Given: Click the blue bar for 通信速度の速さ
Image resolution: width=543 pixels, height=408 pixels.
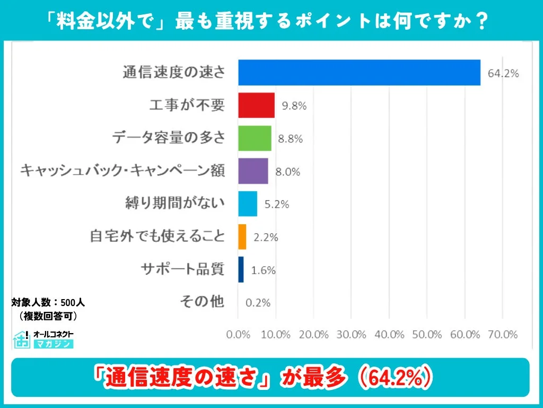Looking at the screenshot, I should [x=359, y=73].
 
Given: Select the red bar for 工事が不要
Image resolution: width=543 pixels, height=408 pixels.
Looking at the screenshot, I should [x=256, y=105].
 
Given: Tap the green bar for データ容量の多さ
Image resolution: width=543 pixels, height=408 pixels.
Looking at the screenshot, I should [x=255, y=138].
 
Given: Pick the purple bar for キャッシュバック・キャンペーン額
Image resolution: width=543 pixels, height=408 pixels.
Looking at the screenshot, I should [x=253, y=171].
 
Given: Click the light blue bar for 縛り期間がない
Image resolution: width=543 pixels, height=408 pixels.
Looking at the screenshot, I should [x=248, y=204].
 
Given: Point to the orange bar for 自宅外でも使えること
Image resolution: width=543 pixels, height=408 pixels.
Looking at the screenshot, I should [x=242, y=237].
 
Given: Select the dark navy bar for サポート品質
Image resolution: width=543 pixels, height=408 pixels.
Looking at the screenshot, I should [x=241, y=269].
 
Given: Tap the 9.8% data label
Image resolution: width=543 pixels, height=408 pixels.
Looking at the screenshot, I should [x=294, y=106].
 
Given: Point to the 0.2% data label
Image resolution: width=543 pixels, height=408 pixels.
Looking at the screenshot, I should [x=258, y=303].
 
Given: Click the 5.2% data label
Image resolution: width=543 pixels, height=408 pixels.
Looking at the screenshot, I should [x=276, y=205].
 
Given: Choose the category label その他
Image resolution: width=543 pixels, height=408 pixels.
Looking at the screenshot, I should [x=202, y=302].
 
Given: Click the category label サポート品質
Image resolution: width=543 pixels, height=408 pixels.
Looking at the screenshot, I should [x=182, y=269].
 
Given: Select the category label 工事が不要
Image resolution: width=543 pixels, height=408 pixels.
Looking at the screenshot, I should [x=187, y=105].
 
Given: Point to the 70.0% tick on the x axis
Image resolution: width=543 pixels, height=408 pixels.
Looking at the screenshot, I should [x=503, y=335].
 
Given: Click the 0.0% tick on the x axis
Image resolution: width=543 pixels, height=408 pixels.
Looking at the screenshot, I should [x=238, y=335].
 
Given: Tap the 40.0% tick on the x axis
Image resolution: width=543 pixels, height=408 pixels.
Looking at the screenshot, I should [x=389, y=335].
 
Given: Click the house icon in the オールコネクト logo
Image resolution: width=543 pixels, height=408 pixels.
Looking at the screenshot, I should [x=22, y=339].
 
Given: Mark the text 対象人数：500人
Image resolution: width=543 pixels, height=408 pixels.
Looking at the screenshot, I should [x=48, y=303].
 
